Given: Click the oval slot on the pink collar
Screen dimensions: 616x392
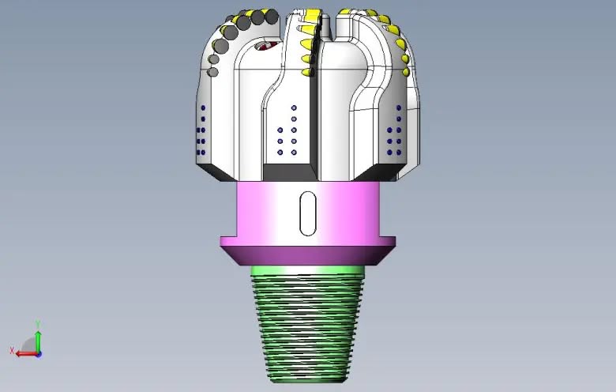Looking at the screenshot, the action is [308, 213].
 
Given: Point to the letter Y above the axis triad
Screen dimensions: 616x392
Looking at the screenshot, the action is [38, 324].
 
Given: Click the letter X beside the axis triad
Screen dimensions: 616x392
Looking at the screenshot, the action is [12, 350].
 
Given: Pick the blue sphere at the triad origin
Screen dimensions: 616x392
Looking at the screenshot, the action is [39, 354].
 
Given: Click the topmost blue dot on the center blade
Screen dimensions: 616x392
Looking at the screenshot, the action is [294, 107].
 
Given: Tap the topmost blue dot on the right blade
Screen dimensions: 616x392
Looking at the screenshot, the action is [399, 107].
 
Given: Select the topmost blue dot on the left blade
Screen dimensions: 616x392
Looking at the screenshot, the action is [203, 107].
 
